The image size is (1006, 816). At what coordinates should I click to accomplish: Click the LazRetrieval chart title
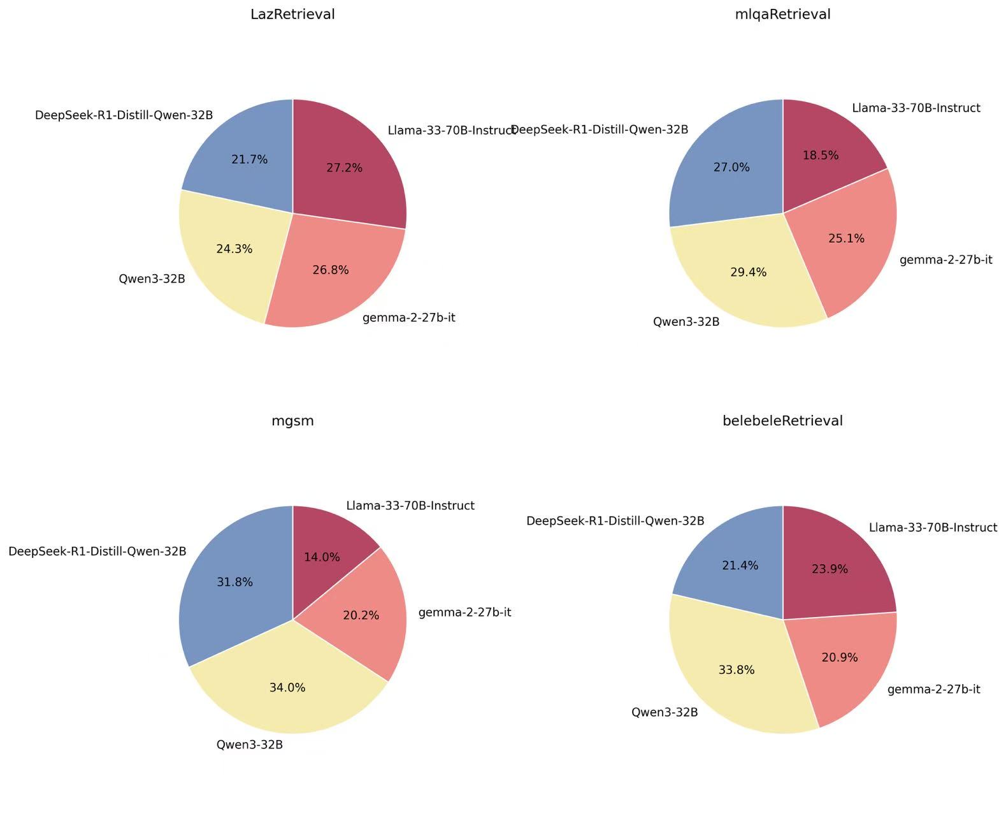point(292,14)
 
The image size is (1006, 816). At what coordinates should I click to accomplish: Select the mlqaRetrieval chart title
point(782,14)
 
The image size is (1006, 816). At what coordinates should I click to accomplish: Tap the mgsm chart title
point(292,421)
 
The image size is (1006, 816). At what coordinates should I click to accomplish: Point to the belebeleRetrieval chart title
point(782,421)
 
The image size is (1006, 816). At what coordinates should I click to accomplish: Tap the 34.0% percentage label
point(287,688)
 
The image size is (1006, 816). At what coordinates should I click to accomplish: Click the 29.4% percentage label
point(749,272)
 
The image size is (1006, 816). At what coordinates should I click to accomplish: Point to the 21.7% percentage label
point(250,159)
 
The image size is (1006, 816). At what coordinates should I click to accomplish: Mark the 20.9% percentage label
point(840,657)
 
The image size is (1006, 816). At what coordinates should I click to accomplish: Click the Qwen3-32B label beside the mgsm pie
point(250,744)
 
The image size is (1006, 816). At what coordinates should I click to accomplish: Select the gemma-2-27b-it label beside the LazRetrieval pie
point(409,317)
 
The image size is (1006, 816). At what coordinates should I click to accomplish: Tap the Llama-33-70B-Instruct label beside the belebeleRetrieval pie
point(933,527)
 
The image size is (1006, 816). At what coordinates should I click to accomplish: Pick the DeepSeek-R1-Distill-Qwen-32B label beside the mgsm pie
point(97,551)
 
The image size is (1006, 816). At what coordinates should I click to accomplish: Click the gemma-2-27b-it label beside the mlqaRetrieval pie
point(946,259)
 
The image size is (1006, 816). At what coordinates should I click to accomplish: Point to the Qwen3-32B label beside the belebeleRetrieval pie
point(665,712)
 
